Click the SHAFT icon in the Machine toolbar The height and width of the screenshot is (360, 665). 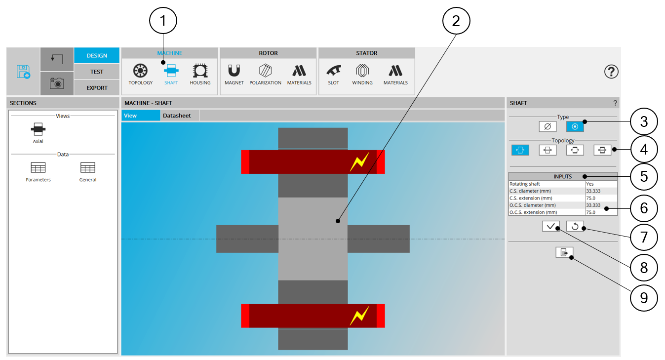coord(171,71)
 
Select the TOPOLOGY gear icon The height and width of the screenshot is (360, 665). coord(140,71)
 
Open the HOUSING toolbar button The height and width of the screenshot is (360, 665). coord(200,71)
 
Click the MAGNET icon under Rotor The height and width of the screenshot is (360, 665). coord(234,71)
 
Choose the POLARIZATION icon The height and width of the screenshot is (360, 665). coord(265,71)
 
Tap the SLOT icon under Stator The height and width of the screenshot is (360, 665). coord(333,71)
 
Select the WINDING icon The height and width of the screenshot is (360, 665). coord(362,71)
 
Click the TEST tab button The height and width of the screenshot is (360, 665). coord(97,72)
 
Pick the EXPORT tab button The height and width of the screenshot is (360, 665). coord(97,87)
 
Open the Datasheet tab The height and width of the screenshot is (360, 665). coord(177,116)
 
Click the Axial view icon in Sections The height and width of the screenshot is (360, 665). coord(38,129)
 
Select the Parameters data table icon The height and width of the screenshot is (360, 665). coord(38,167)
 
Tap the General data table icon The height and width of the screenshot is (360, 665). coord(87,167)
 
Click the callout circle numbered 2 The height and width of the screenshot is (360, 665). coord(456,21)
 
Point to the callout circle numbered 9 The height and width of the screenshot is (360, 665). coord(644,298)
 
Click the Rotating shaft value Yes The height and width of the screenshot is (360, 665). coord(590,184)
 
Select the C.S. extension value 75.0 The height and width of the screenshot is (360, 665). coord(591,198)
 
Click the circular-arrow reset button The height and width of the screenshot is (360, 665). coord(575,226)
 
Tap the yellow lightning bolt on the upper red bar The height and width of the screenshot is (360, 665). coord(359,162)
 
